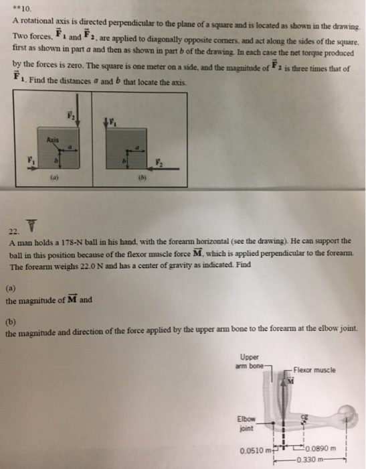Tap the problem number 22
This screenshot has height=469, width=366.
[x=18, y=232]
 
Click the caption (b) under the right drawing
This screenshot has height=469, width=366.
[x=139, y=180]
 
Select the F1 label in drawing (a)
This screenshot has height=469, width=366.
[x=28, y=159]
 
